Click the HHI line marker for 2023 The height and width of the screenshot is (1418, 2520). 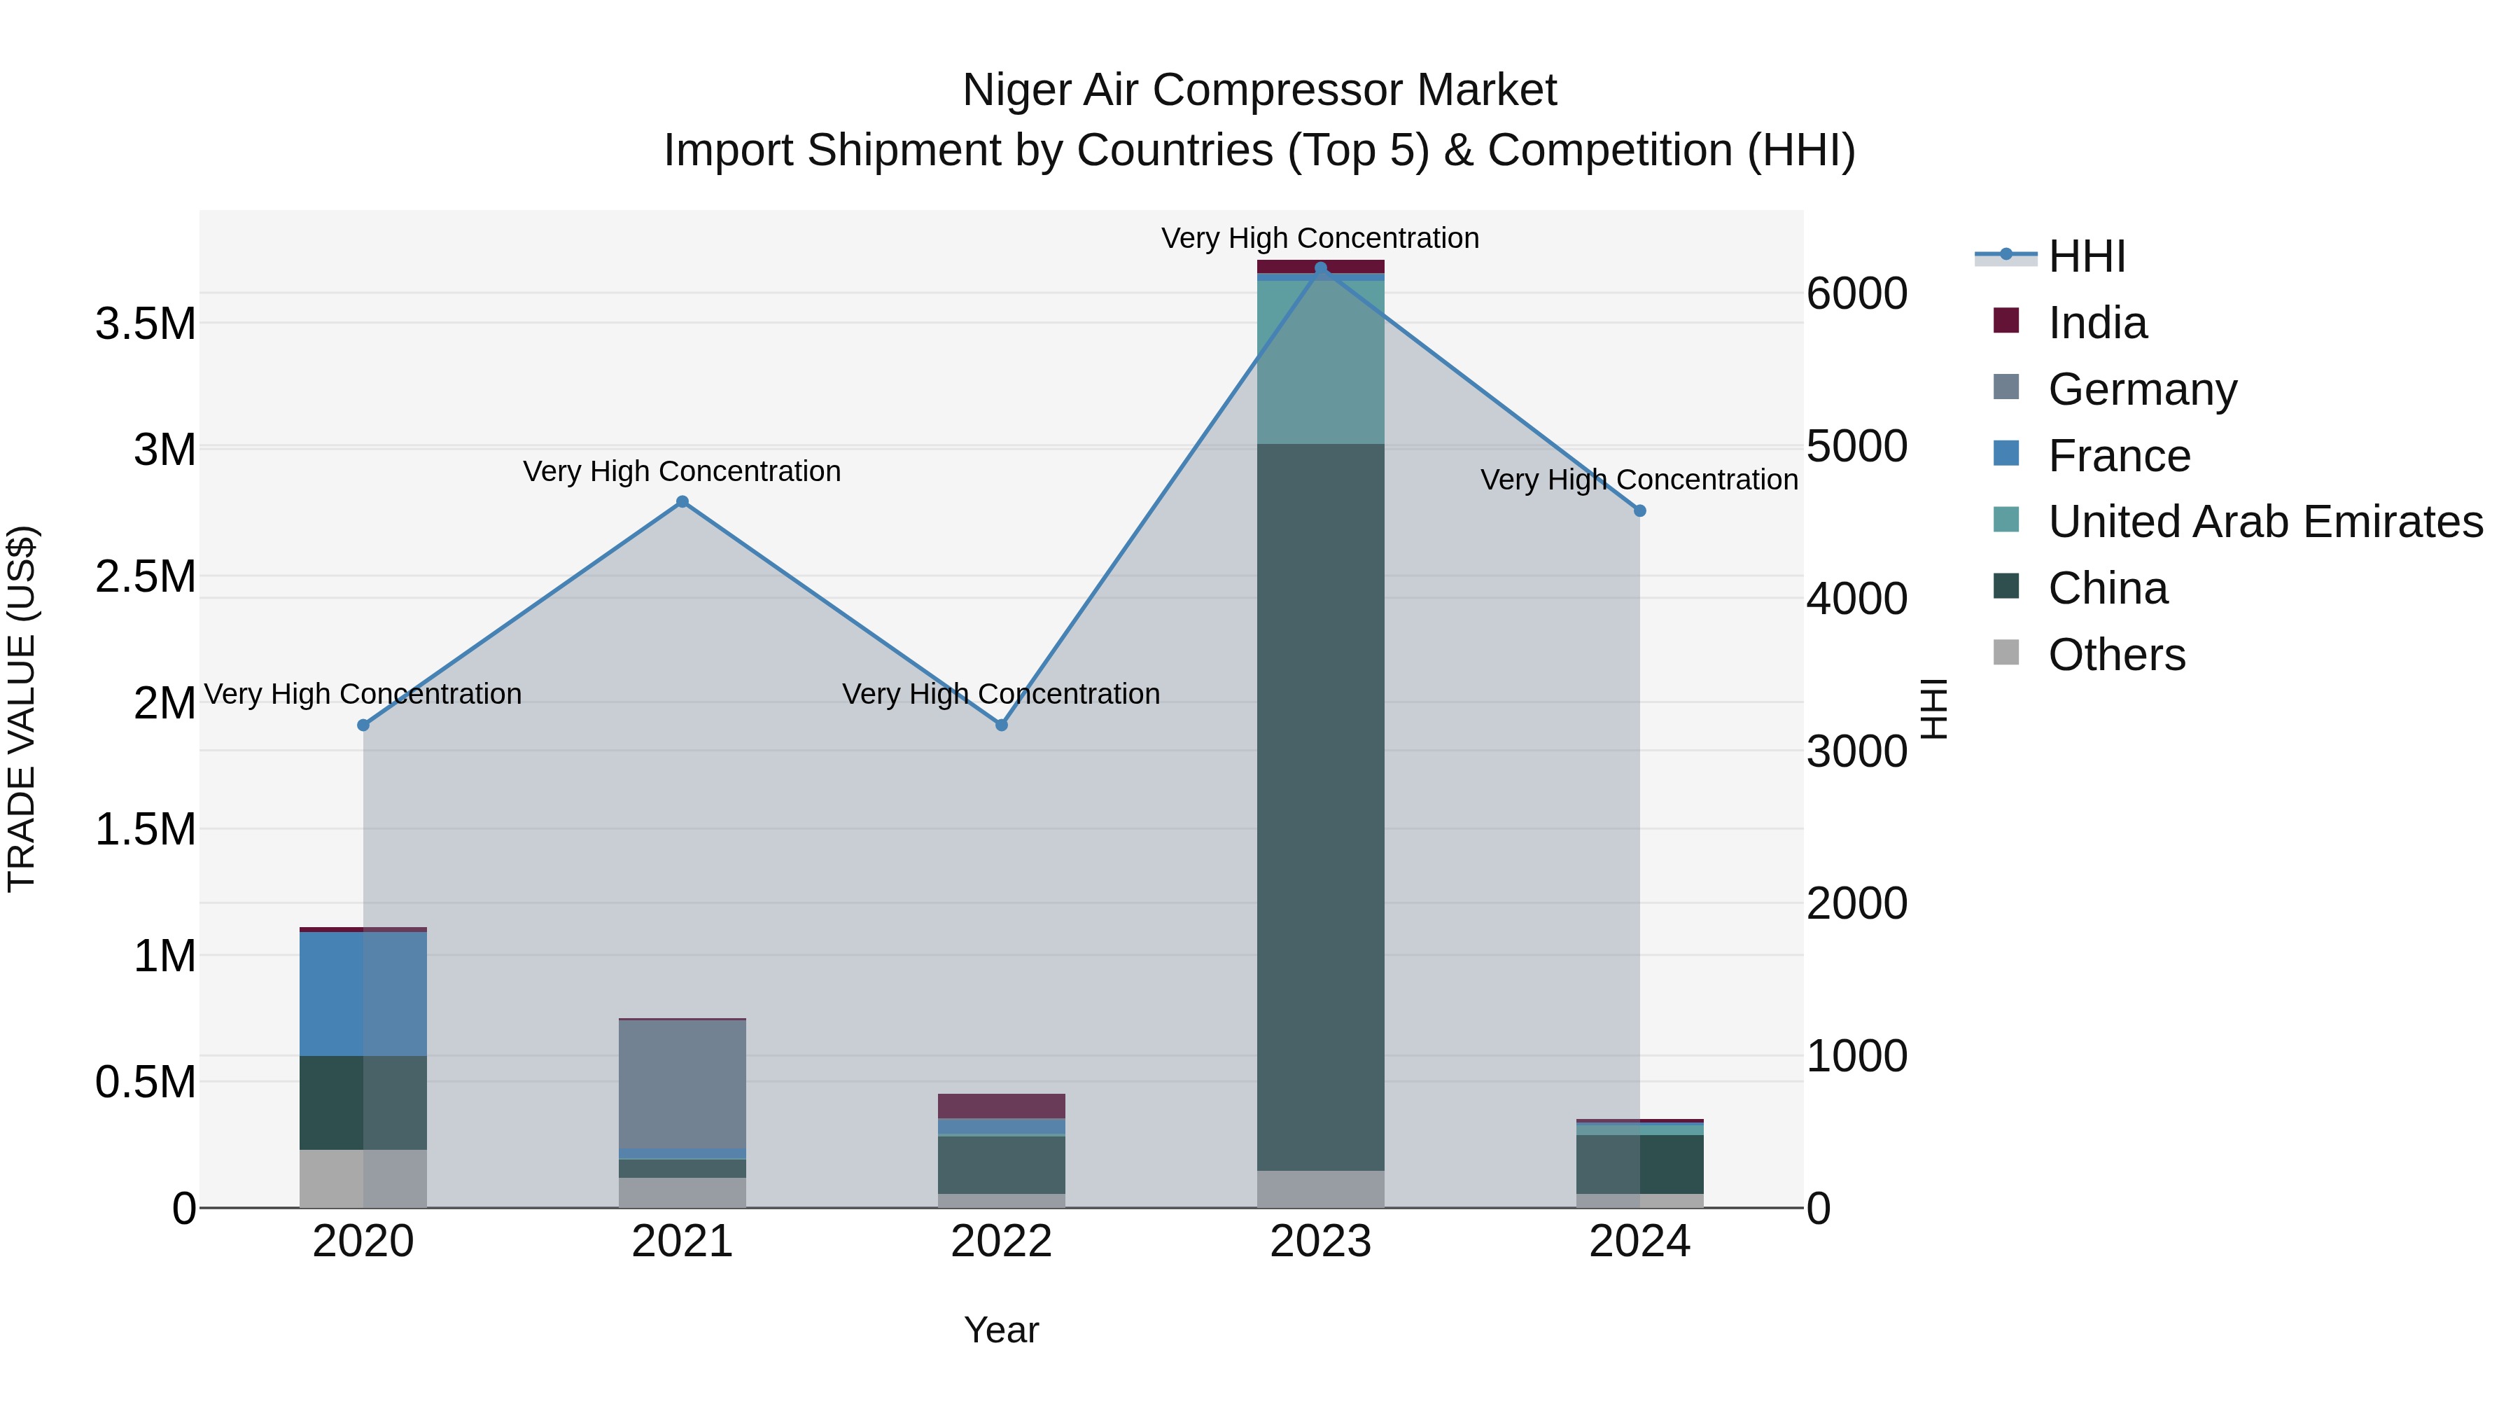1321,268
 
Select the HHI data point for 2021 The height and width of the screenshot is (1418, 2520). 682,502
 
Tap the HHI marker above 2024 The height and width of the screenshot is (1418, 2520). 1641,511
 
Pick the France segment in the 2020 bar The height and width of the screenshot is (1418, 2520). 363,992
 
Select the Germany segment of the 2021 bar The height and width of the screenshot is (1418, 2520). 682,1083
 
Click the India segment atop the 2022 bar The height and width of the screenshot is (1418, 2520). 1002,1106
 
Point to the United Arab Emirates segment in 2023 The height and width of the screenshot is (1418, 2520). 1321,362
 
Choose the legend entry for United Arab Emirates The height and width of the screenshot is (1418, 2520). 2264,522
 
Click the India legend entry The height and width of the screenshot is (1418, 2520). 2096,323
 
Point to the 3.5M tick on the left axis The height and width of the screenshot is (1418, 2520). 146,324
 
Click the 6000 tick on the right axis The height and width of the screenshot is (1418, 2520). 1856,293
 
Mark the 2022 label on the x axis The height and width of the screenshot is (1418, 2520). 1002,1242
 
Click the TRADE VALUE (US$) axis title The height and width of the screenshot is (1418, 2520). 22,709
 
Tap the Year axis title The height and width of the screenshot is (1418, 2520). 1001,1330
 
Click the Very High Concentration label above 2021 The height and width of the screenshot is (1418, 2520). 682,472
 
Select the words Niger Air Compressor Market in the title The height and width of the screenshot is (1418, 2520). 1259,90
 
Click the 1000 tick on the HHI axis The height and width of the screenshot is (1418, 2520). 1856,1056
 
